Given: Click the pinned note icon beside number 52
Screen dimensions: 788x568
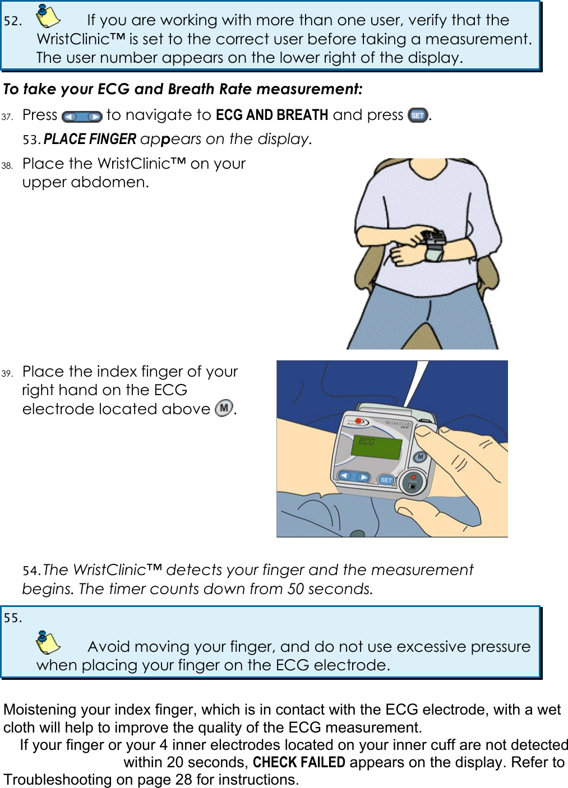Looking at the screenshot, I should (x=48, y=16).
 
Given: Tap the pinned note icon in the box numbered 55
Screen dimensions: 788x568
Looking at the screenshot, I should (x=48, y=642).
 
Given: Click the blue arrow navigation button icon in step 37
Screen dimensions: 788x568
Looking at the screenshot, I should (x=82, y=117).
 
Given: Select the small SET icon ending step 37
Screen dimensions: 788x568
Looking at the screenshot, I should (x=418, y=115).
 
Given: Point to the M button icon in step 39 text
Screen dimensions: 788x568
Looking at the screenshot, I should (x=224, y=408).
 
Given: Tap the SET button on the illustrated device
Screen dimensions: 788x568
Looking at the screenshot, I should (x=386, y=480).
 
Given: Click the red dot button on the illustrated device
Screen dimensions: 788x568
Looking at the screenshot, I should (x=413, y=478).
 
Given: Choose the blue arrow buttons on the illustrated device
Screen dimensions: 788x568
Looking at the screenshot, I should (x=354, y=477).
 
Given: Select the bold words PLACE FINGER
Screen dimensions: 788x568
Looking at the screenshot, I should (x=90, y=139).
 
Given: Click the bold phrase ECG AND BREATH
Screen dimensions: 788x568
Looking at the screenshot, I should (x=272, y=115).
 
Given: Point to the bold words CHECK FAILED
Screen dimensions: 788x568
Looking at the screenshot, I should (x=299, y=762).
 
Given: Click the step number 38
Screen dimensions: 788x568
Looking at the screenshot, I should (x=7, y=165).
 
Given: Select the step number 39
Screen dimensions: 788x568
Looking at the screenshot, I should (x=7, y=373).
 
